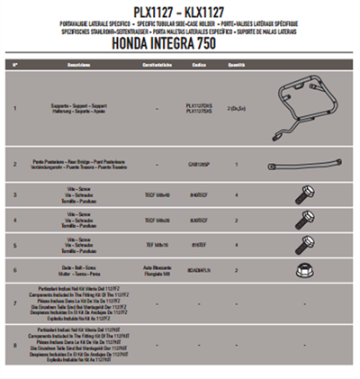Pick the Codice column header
pyautogui.click(x=201, y=66)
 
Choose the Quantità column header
pyautogui.click(x=236, y=66)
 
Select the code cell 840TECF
pyautogui.click(x=201, y=194)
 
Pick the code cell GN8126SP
pyautogui.click(x=201, y=166)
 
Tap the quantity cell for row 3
pyautogui.click(x=236, y=194)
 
